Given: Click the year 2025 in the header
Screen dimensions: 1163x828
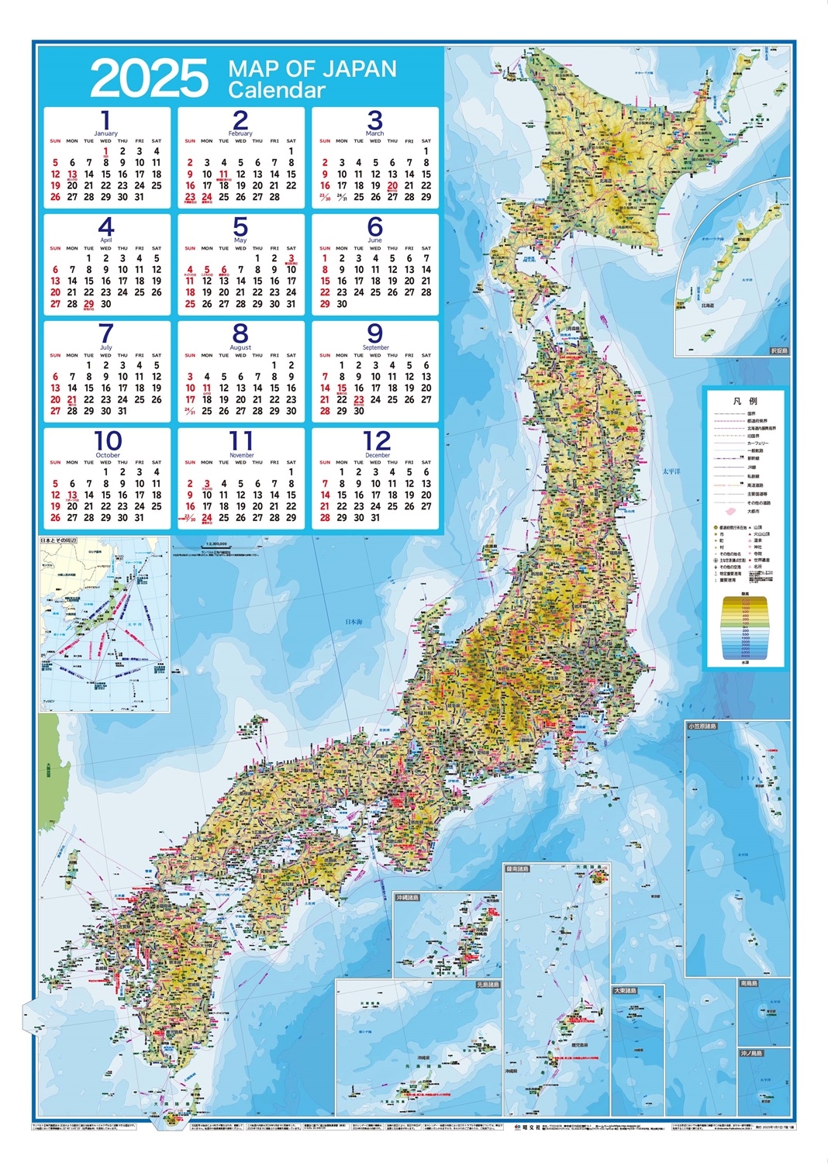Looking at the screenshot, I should coord(149,78).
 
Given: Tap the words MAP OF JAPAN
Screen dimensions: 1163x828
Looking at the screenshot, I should coord(312,69).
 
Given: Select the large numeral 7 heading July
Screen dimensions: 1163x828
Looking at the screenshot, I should coord(106,333).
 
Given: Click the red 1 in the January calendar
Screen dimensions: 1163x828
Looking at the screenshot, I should coord(105,152).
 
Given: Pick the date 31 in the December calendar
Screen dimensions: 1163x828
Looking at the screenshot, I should coord(375,517).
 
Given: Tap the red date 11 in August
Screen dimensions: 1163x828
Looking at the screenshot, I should coord(207,388).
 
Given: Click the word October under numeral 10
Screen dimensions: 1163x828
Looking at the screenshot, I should coord(108,455).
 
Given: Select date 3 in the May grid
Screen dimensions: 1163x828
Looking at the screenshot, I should coord(292,259).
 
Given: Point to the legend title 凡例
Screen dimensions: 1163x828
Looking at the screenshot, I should coord(745,401).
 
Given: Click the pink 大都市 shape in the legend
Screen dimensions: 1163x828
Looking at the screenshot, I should coord(730,511).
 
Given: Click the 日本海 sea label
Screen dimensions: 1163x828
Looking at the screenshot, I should coord(354,622).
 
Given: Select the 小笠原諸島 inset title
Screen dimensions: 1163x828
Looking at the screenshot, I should coord(702,726).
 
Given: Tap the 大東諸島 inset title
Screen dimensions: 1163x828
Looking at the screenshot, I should coord(625,991).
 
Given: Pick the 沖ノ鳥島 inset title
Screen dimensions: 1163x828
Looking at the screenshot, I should coord(750,1053).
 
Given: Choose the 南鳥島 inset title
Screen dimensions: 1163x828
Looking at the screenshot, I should coord(748,983).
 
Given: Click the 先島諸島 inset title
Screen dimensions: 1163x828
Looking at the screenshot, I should coord(488,985).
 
